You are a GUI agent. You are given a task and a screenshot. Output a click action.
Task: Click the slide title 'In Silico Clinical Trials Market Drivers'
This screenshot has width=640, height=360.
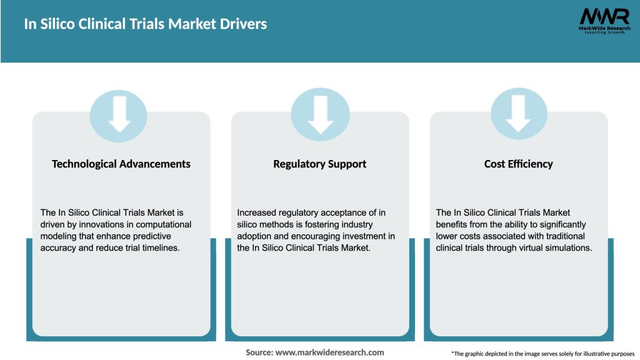[145, 24]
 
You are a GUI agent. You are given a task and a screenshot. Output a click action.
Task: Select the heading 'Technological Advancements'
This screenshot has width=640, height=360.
[121, 164]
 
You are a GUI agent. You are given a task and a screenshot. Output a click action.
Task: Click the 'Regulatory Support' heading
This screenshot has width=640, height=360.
[319, 164]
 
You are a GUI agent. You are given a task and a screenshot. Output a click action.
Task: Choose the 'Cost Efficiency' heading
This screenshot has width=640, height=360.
[518, 164]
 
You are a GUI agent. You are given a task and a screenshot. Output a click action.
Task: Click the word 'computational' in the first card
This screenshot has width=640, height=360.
[163, 224]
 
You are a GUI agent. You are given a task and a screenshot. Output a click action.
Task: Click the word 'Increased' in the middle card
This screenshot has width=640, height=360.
[257, 212]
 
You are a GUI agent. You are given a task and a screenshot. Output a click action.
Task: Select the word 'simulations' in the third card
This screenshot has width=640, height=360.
[566, 248]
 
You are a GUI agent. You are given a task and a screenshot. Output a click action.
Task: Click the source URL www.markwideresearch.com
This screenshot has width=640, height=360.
[314, 352]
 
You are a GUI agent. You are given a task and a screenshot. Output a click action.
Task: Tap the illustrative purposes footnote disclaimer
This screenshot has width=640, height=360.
[542, 354]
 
